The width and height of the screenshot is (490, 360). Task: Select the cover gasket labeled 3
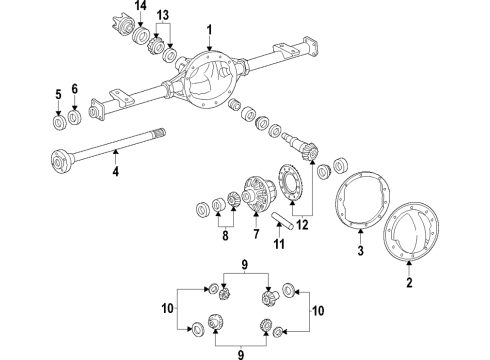click(x=359, y=205)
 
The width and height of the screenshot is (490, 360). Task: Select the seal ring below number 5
click(x=58, y=121)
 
